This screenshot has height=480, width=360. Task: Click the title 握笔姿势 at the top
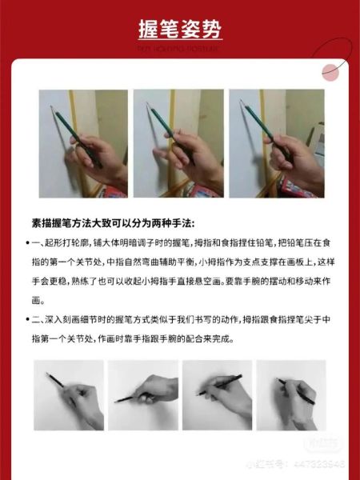tap(179, 30)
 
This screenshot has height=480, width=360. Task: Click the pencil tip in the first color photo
tap(52, 107)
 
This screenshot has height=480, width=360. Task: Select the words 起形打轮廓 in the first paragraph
tap(67, 242)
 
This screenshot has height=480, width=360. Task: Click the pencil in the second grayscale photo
tap(128, 397)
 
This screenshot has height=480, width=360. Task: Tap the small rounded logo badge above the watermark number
tap(325, 442)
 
